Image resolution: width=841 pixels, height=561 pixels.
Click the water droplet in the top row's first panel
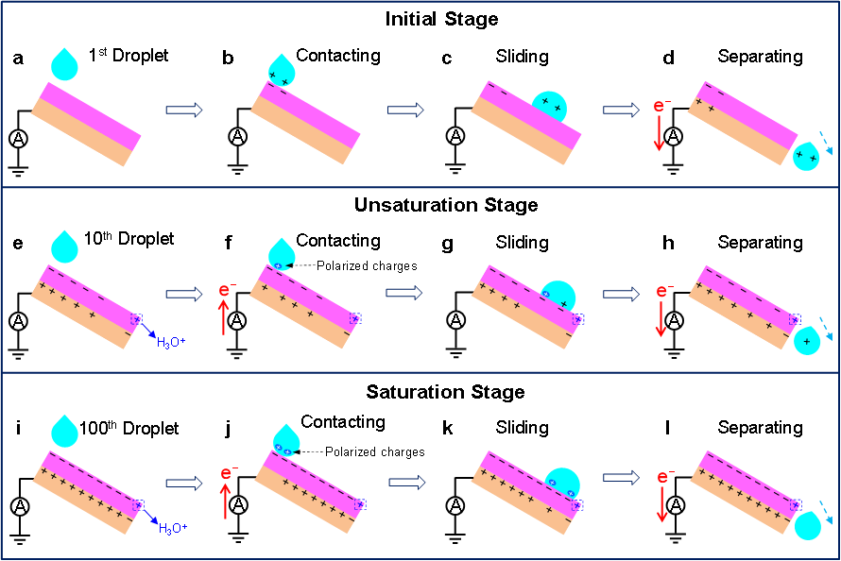point(64,65)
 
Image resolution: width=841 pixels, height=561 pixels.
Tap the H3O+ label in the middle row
point(171,342)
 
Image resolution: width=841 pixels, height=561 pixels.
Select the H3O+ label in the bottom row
point(172,528)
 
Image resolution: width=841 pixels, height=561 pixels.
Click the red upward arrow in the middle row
point(224,317)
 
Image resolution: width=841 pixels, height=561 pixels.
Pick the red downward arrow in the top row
point(660,132)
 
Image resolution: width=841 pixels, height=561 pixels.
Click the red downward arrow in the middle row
point(661,318)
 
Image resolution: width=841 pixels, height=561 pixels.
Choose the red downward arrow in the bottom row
point(661,504)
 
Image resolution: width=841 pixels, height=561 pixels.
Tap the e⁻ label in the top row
point(661,106)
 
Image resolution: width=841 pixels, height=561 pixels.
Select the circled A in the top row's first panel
point(19,138)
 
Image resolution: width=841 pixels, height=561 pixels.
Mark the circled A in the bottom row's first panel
point(20,507)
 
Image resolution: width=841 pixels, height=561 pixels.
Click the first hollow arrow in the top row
point(184,110)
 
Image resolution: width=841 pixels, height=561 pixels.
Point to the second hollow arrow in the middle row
point(404,293)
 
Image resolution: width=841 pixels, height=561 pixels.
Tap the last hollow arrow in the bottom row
point(621,478)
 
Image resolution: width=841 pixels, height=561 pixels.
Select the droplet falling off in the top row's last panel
point(806,156)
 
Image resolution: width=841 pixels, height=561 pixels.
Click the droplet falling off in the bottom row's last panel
point(808,524)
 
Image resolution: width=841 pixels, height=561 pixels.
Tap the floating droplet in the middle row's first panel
point(64,248)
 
